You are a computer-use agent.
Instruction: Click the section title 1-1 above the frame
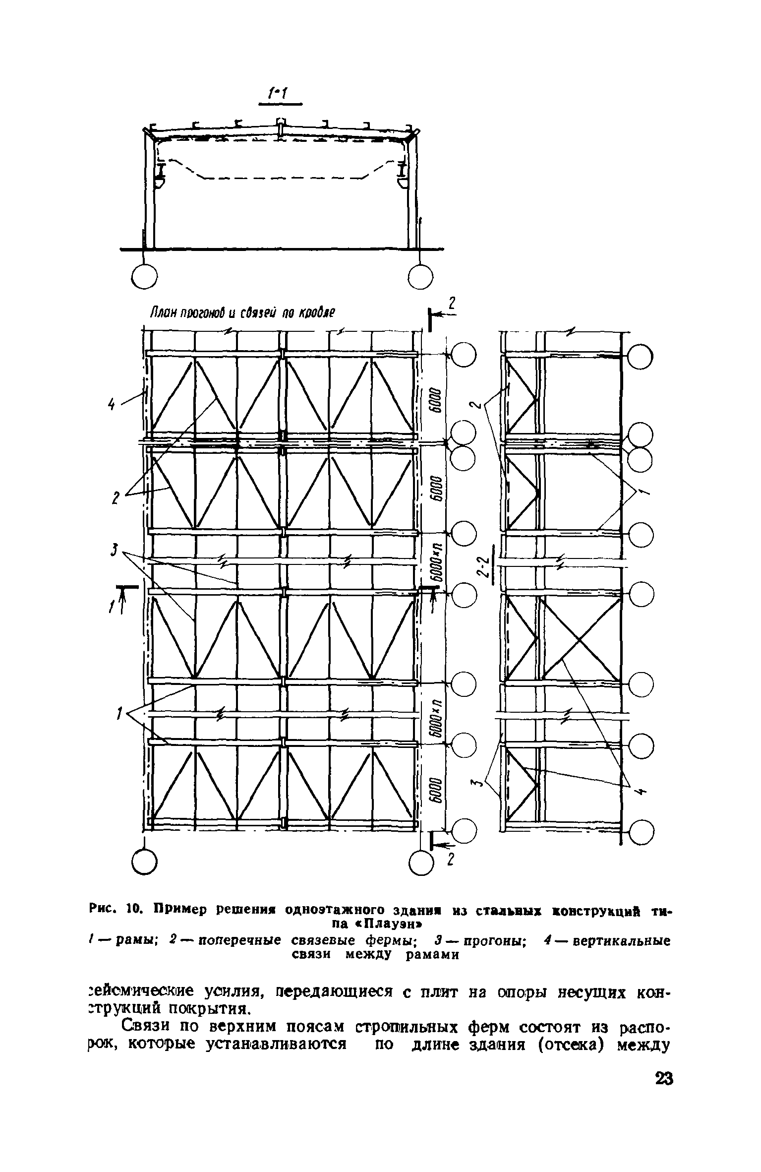tap(280, 93)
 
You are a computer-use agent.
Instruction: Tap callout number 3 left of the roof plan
tap(115, 549)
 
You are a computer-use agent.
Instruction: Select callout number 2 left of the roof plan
tap(116, 498)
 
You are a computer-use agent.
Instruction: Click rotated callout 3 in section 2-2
tap(476, 783)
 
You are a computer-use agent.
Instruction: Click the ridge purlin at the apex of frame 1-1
tap(280, 122)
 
